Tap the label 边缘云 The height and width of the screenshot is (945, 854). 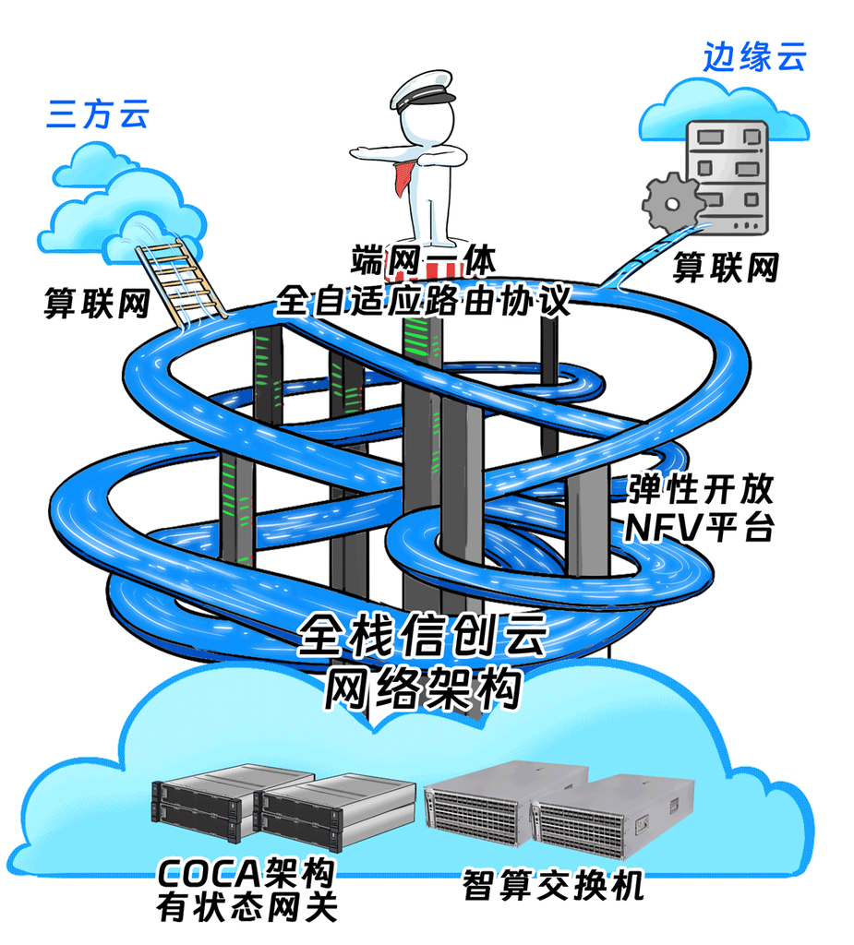tap(754, 57)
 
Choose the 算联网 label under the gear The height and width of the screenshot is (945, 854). tap(725, 267)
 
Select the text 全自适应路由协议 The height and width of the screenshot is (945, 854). tap(423, 301)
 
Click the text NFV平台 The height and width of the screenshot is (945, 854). tap(700, 529)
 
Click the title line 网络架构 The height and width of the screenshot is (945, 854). tap(424, 688)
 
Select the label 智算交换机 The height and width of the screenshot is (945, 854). tap(552, 887)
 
